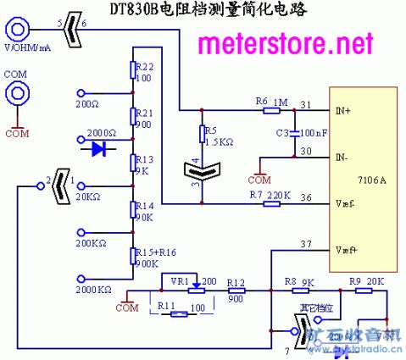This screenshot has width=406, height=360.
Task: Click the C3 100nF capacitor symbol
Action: click(x=294, y=133)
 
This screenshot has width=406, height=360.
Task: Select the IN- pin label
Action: click(x=341, y=158)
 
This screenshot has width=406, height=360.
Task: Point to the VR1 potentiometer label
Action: click(x=179, y=280)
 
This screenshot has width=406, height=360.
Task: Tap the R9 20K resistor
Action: click(x=355, y=291)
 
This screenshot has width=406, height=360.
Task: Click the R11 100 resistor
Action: click(x=178, y=313)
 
